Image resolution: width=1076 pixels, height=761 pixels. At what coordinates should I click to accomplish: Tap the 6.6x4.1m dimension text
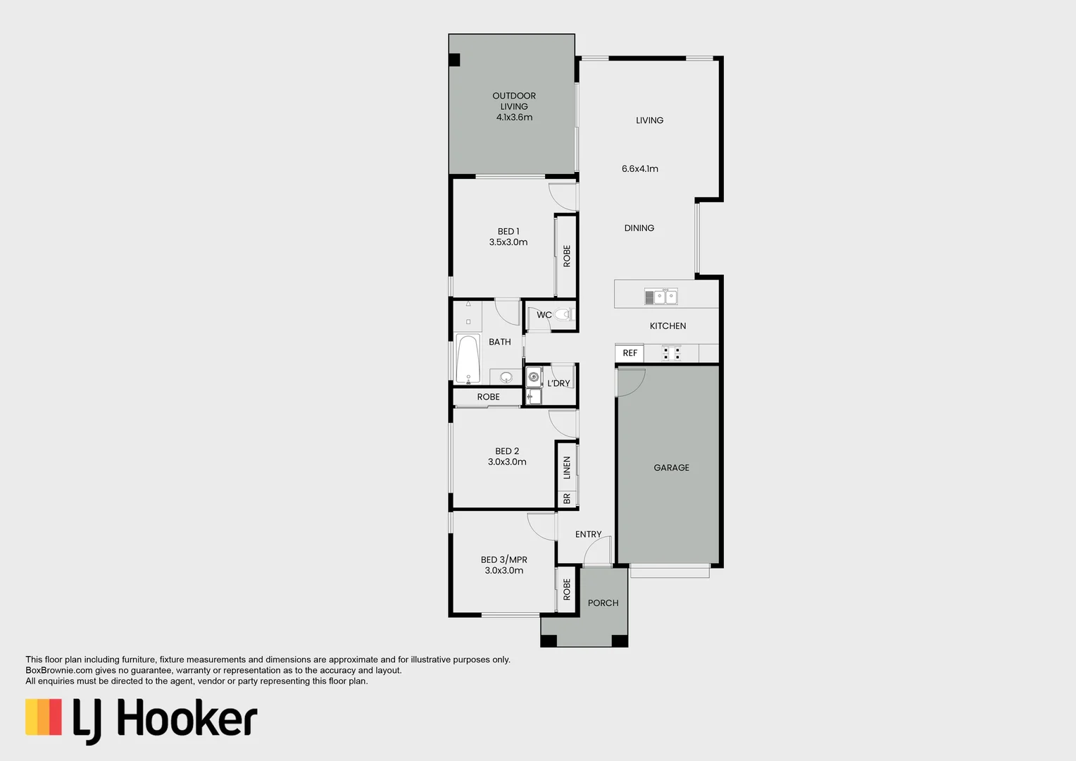coord(639,169)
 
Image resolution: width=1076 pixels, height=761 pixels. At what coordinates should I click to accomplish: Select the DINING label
coord(639,228)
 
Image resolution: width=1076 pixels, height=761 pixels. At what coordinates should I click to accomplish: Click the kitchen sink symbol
coord(661,297)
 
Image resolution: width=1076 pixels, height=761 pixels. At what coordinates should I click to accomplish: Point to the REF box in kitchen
coord(630,353)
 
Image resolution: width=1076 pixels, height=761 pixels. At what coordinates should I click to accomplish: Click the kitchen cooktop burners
coord(671,352)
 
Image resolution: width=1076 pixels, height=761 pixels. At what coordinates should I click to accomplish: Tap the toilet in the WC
coord(563,314)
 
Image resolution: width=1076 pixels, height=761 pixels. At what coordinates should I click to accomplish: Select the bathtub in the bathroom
coord(468,358)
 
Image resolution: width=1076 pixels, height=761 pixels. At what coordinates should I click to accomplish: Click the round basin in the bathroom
coord(506,377)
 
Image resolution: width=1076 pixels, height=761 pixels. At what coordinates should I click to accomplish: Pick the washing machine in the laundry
coord(534,377)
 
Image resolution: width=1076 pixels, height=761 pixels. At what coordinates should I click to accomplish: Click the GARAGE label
coord(671,468)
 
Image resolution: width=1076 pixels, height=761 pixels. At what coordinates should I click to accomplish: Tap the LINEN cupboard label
coord(567,467)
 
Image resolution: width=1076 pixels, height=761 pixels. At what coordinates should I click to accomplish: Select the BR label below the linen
coord(567,499)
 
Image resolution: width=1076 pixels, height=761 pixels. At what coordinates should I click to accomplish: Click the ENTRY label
coord(588,535)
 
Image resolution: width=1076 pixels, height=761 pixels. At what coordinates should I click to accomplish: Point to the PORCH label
coord(603,603)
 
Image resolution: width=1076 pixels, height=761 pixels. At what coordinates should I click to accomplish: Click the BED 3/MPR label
coord(503,560)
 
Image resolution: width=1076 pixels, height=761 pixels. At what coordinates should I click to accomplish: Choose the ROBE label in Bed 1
coord(567,256)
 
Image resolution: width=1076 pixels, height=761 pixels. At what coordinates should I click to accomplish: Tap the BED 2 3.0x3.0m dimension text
coord(507,462)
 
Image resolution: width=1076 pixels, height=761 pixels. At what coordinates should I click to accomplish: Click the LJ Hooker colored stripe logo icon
coord(44,717)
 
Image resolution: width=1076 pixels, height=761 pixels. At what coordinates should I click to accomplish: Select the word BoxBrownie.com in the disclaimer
coord(59,671)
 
